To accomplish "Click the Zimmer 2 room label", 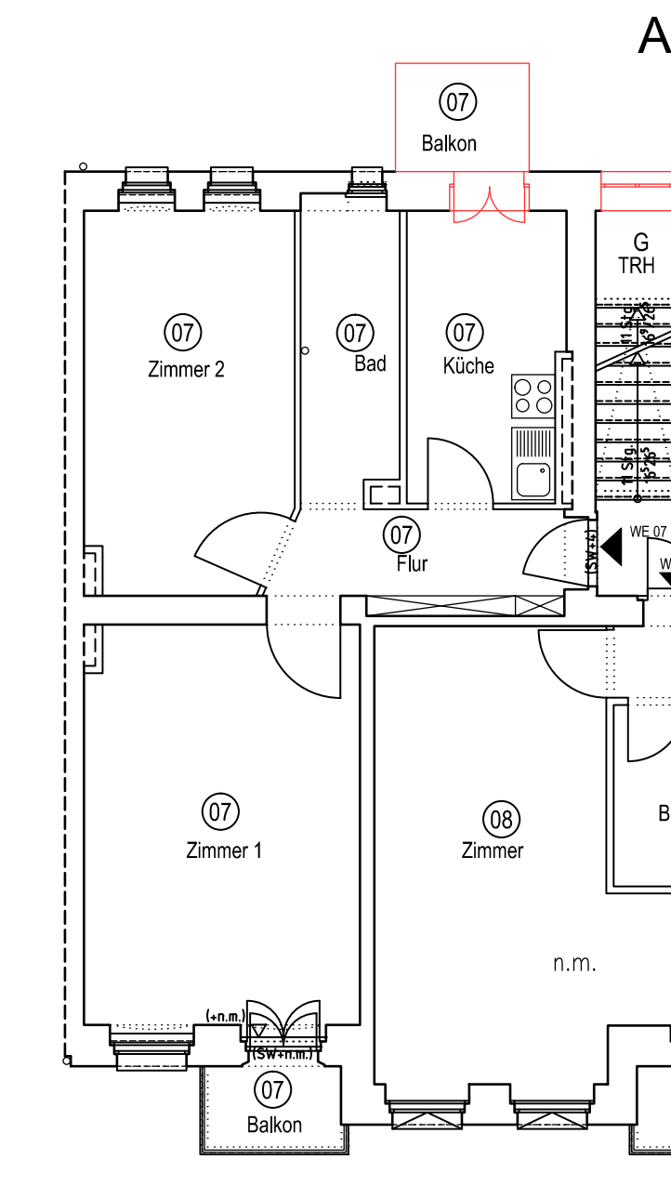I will tap(186, 369).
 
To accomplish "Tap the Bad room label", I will tap(370, 363).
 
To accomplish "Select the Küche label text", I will tap(468, 366).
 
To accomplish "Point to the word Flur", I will tap(412, 563).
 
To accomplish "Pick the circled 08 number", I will tap(501, 819).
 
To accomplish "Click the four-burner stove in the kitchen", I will tap(533, 396).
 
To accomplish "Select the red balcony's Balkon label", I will tap(449, 144).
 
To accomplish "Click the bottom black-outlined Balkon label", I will tap(274, 1125).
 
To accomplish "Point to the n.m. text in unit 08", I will tap(574, 964).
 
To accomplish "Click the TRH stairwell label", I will tap(637, 266).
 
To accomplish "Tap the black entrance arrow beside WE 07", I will tap(612, 547).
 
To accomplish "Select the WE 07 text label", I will tap(648, 532).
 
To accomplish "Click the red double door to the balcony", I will tap(490, 204).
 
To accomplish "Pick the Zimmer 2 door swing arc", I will tap(228, 548).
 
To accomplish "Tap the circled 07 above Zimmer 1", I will tap(220, 811).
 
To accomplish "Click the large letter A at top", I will tap(653, 37).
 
